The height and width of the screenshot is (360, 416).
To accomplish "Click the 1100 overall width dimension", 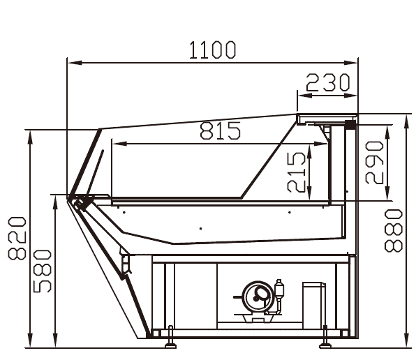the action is coord(212,50).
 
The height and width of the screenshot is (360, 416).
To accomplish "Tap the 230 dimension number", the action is coord(328,82).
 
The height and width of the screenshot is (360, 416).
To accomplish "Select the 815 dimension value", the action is coord(220,130).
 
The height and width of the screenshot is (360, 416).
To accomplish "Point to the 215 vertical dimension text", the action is coord(296,172).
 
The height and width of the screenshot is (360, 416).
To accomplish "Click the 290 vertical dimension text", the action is coord(374,163).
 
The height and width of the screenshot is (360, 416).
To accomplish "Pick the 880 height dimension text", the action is coord(394,230).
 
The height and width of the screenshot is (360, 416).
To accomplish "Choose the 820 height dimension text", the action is coord(17,238).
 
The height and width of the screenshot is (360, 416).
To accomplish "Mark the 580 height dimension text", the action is coord(42,271).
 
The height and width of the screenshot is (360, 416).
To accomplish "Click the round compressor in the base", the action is coord(258,297).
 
